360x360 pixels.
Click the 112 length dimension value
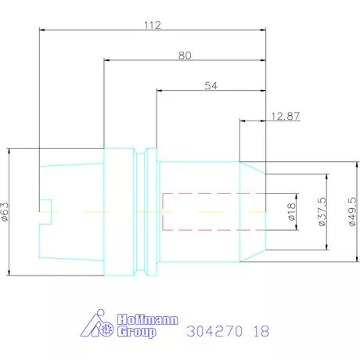point(153,25)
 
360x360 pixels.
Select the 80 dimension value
point(185,55)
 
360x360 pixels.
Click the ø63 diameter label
point(6,211)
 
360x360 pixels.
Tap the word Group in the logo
point(137,332)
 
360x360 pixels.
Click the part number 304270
point(214,331)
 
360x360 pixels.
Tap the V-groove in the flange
point(141,212)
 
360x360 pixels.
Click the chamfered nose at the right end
point(253,212)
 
